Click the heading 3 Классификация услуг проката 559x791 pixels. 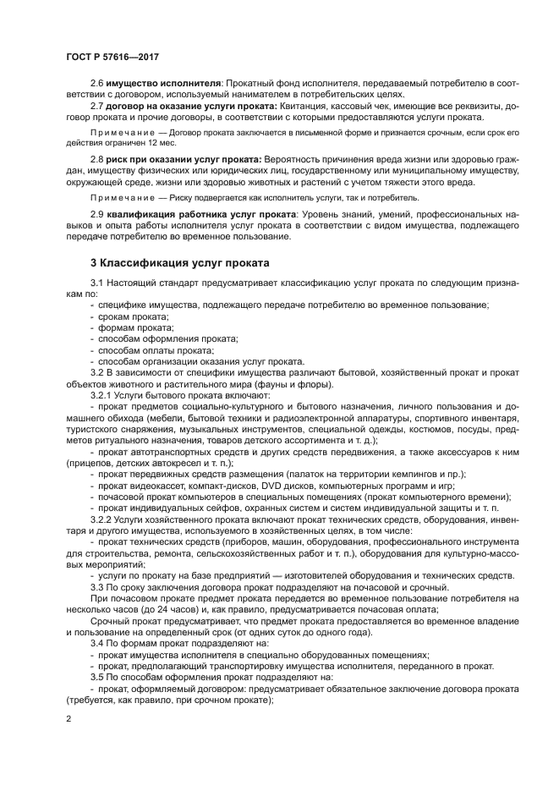pos(180,262)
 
